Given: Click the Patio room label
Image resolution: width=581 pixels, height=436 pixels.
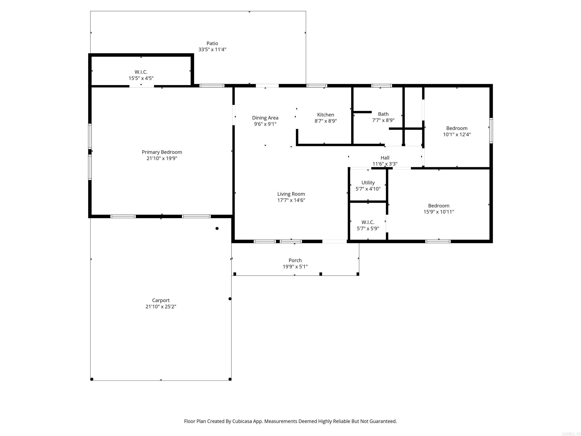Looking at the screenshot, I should coord(212,43).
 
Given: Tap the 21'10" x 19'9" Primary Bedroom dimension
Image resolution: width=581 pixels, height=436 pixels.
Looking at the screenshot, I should coord(162,158).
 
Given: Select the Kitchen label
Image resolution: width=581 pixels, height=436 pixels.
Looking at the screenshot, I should coord(325,115).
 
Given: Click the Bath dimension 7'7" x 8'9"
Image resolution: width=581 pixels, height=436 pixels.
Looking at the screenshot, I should coord(383,120).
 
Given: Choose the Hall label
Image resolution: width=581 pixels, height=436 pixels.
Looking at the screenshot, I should coord(385,158).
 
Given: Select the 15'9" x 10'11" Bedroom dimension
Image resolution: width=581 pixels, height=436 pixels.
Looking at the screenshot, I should coord(438,212).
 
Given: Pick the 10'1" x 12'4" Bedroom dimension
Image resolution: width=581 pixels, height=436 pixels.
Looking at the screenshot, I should coord(457,135).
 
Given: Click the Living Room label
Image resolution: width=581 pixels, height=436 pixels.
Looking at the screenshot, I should coord(291,194).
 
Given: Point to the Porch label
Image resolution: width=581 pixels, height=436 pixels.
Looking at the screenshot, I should coord(295,260).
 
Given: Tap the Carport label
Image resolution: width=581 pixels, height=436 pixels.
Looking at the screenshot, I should coord(161,300).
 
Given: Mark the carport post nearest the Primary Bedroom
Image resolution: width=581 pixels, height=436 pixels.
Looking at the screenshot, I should coord(217,228).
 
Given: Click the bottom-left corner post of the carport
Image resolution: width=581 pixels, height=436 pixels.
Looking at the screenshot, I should coord(92,379).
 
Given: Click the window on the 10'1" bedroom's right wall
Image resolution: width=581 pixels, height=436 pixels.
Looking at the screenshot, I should coord(491,131).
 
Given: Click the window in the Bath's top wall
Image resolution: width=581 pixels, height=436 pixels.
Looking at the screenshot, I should coord(381,86).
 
